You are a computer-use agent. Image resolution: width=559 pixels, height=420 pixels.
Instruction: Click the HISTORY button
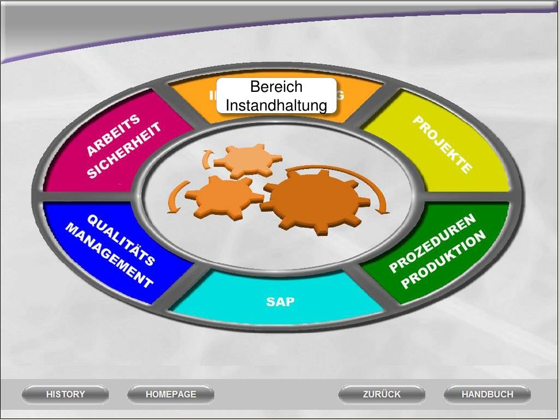pyautogui.click(x=66, y=394)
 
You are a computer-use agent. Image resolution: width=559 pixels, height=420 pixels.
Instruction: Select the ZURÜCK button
pyautogui.click(x=382, y=394)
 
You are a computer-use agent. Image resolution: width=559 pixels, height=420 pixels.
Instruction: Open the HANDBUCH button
pyautogui.click(x=487, y=394)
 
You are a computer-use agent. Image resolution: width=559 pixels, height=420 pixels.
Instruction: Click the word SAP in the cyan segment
pyautogui.click(x=280, y=301)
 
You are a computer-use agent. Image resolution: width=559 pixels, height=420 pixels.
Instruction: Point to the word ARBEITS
pyautogui.click(x=114, y=135)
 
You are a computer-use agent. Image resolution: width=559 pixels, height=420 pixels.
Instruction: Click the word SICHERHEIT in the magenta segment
pyautogui.click(x=124, y=150)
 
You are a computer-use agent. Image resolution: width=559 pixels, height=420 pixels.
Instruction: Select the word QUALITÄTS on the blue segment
pyautogui.click(x=121, y=240)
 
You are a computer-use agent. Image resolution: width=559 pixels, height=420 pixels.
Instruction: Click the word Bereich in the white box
pyautogui.click(x=276, y=87)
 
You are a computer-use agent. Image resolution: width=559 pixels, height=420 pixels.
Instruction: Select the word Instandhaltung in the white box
pyautogui.click(x=276, y=104)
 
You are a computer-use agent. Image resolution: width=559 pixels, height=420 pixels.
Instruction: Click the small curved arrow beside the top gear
pyautogui.click(x=206, y=159)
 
